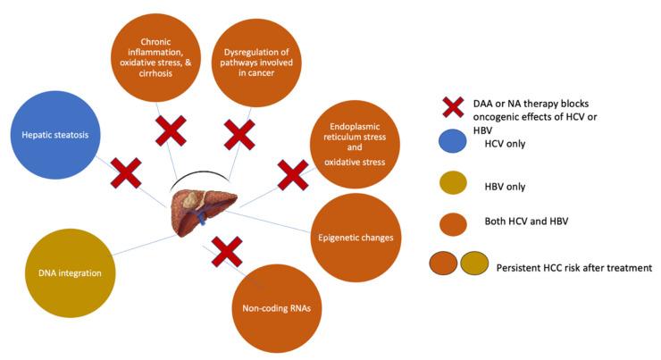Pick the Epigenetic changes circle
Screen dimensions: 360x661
coord(355,237)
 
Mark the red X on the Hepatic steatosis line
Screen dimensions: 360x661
coord(125,172)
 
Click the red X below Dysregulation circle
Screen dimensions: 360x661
coord(238,134)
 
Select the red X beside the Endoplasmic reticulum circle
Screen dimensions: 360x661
coord(292,175)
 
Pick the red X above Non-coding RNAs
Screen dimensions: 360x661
coord(226,252)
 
